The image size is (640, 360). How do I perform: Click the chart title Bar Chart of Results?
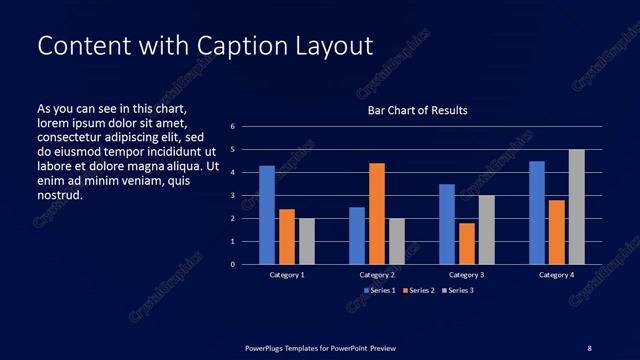click(417, 110)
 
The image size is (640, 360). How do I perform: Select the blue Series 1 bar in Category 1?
click(267, 215)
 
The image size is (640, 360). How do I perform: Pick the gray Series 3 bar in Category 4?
click(577, 207)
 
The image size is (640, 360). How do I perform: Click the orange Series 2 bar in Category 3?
click(467, 243)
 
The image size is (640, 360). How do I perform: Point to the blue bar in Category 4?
click(537, 212)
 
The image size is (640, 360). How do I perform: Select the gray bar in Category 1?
click(307, 241)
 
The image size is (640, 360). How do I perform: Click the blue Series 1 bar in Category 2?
click(357, 235)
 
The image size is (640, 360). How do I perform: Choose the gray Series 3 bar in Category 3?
click(487, 230)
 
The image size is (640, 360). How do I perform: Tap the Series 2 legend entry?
click(418, 290)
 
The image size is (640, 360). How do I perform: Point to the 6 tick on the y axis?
click(232, 127)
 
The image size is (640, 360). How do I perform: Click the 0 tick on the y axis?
click(232, 265)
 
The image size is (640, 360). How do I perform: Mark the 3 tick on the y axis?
click(232, 196)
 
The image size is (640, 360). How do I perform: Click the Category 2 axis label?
click(377, 274)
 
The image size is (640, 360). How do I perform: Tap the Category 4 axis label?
click(557, 274)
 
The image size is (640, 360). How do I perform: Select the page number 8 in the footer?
click(589, 347)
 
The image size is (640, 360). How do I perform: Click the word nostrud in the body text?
click(59, 194)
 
